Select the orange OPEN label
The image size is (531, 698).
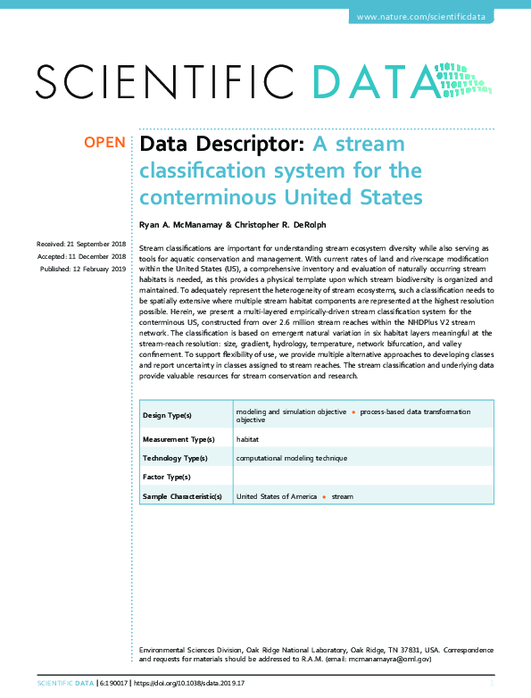pos(104,143)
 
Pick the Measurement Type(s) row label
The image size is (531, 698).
pos(178,439)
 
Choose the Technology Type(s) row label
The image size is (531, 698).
pos(175,458)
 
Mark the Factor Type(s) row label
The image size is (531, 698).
pos(167,478)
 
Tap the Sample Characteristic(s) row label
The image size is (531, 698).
pos(182,496)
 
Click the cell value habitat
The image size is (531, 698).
pos(247,439)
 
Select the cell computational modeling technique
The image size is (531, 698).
pos(291,458)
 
